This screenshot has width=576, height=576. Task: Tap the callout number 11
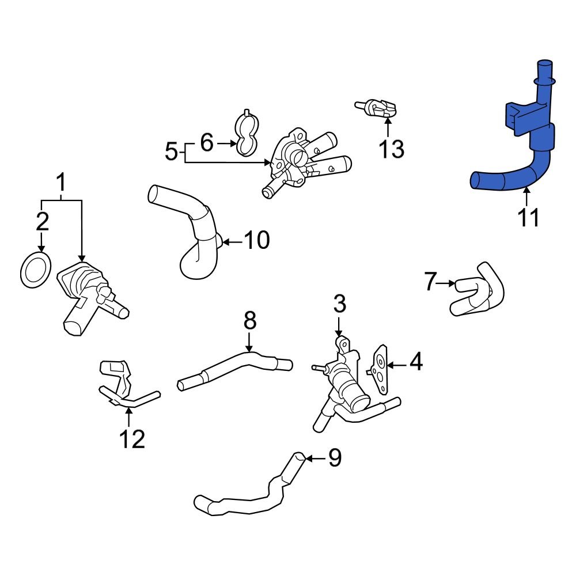(x=528, y=218)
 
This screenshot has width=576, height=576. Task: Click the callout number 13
(x=391, y=149)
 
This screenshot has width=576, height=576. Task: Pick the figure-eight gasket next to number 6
(x=247, y=135)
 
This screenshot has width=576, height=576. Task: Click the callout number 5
(x=172, y=153)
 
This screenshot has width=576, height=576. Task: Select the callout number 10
(x=256, y=240)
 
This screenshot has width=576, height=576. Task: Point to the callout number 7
(x=430, y=282)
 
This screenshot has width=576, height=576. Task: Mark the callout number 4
(x=416, y=362)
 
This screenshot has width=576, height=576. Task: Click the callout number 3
(x=339, y=304)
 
